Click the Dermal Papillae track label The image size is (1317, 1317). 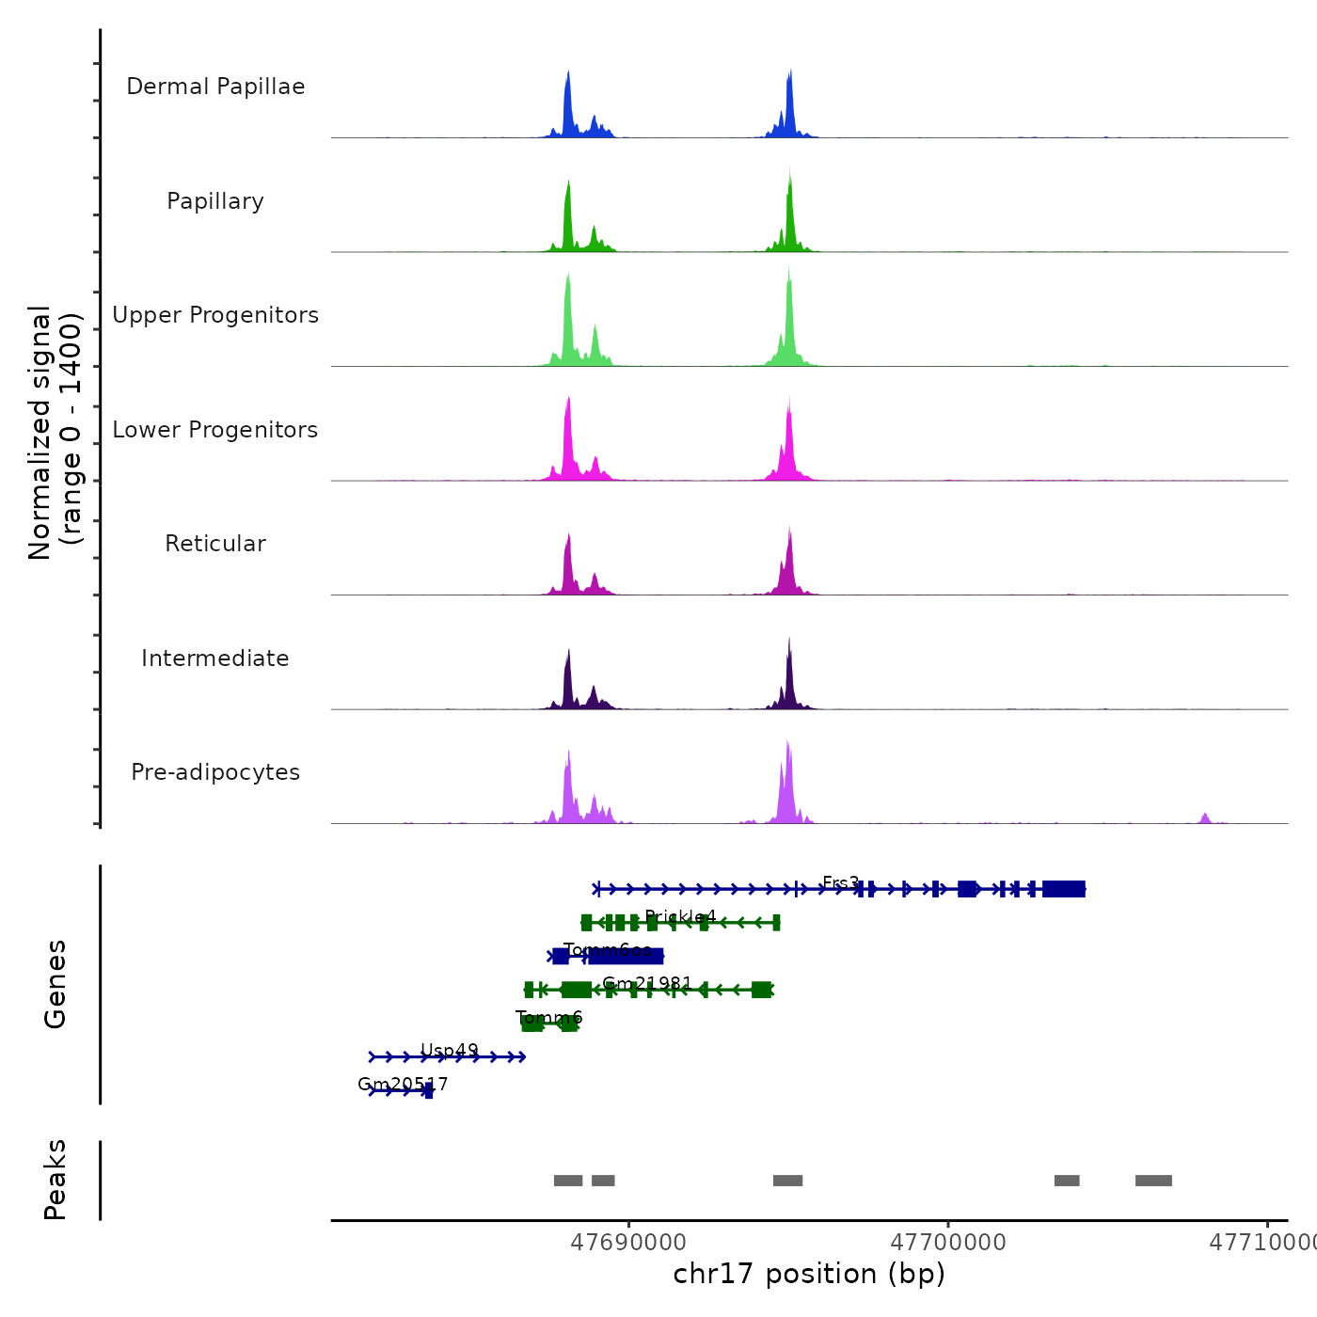(215, 87)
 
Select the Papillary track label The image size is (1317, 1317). (215, 201)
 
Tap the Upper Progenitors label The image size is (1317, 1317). (215, 315)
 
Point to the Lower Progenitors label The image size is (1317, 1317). (215, 430)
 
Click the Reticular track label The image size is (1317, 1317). (215, 544)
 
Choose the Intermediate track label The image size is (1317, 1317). (215, 658)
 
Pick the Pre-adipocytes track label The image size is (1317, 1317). (215, 772)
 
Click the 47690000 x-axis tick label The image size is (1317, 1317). (628, 1243)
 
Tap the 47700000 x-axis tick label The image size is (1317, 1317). (948, 1243)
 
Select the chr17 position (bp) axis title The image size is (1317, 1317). (809, 1274)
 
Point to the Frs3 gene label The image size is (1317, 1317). (840, 882)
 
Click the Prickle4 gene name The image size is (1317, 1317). (680, 916)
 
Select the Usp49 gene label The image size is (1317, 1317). (449, 1050)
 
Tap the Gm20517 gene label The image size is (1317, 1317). (403, 1084)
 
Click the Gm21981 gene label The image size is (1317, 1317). (647, 983)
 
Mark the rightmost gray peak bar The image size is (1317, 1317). (1153, 1181)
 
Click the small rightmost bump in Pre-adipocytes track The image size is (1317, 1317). (1205, 817)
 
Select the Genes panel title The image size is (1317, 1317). (56, 984)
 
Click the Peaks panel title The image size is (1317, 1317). (56, 1180)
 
